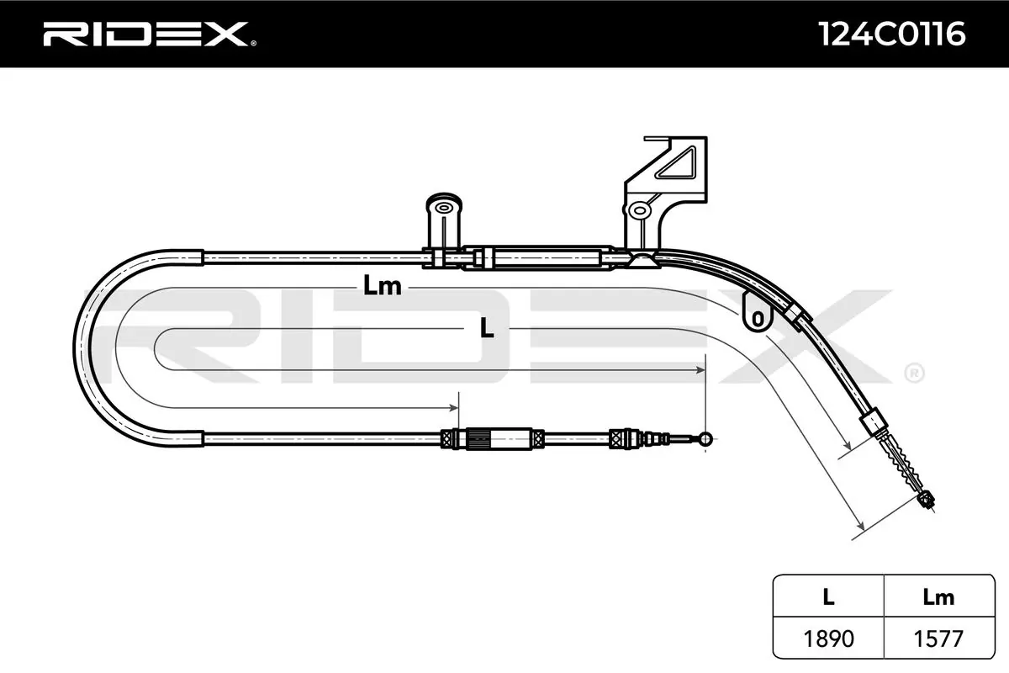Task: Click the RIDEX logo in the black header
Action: [x=150, y=34]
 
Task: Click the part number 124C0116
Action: [x=891, y=34]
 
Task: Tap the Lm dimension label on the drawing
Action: [x=382, y=286]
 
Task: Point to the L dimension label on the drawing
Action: [x=487, y=328]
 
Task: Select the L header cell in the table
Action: [x=828, y=597]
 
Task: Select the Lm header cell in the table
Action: [x=938, y=597]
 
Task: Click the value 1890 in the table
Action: [x=828, y=639]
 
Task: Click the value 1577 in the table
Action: [x=938, y=639]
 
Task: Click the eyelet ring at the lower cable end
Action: [x=705, y=438]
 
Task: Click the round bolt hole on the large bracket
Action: [x=639, y=210]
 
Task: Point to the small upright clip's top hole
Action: [x=444, y=208]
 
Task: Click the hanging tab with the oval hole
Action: [x=758, y=312]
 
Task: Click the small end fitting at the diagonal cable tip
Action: [x=926, y=499]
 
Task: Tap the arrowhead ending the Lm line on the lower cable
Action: [x=454, y=408]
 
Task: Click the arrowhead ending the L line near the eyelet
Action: [x=700, y=370]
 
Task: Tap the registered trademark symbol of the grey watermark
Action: [x=915, y=373]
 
